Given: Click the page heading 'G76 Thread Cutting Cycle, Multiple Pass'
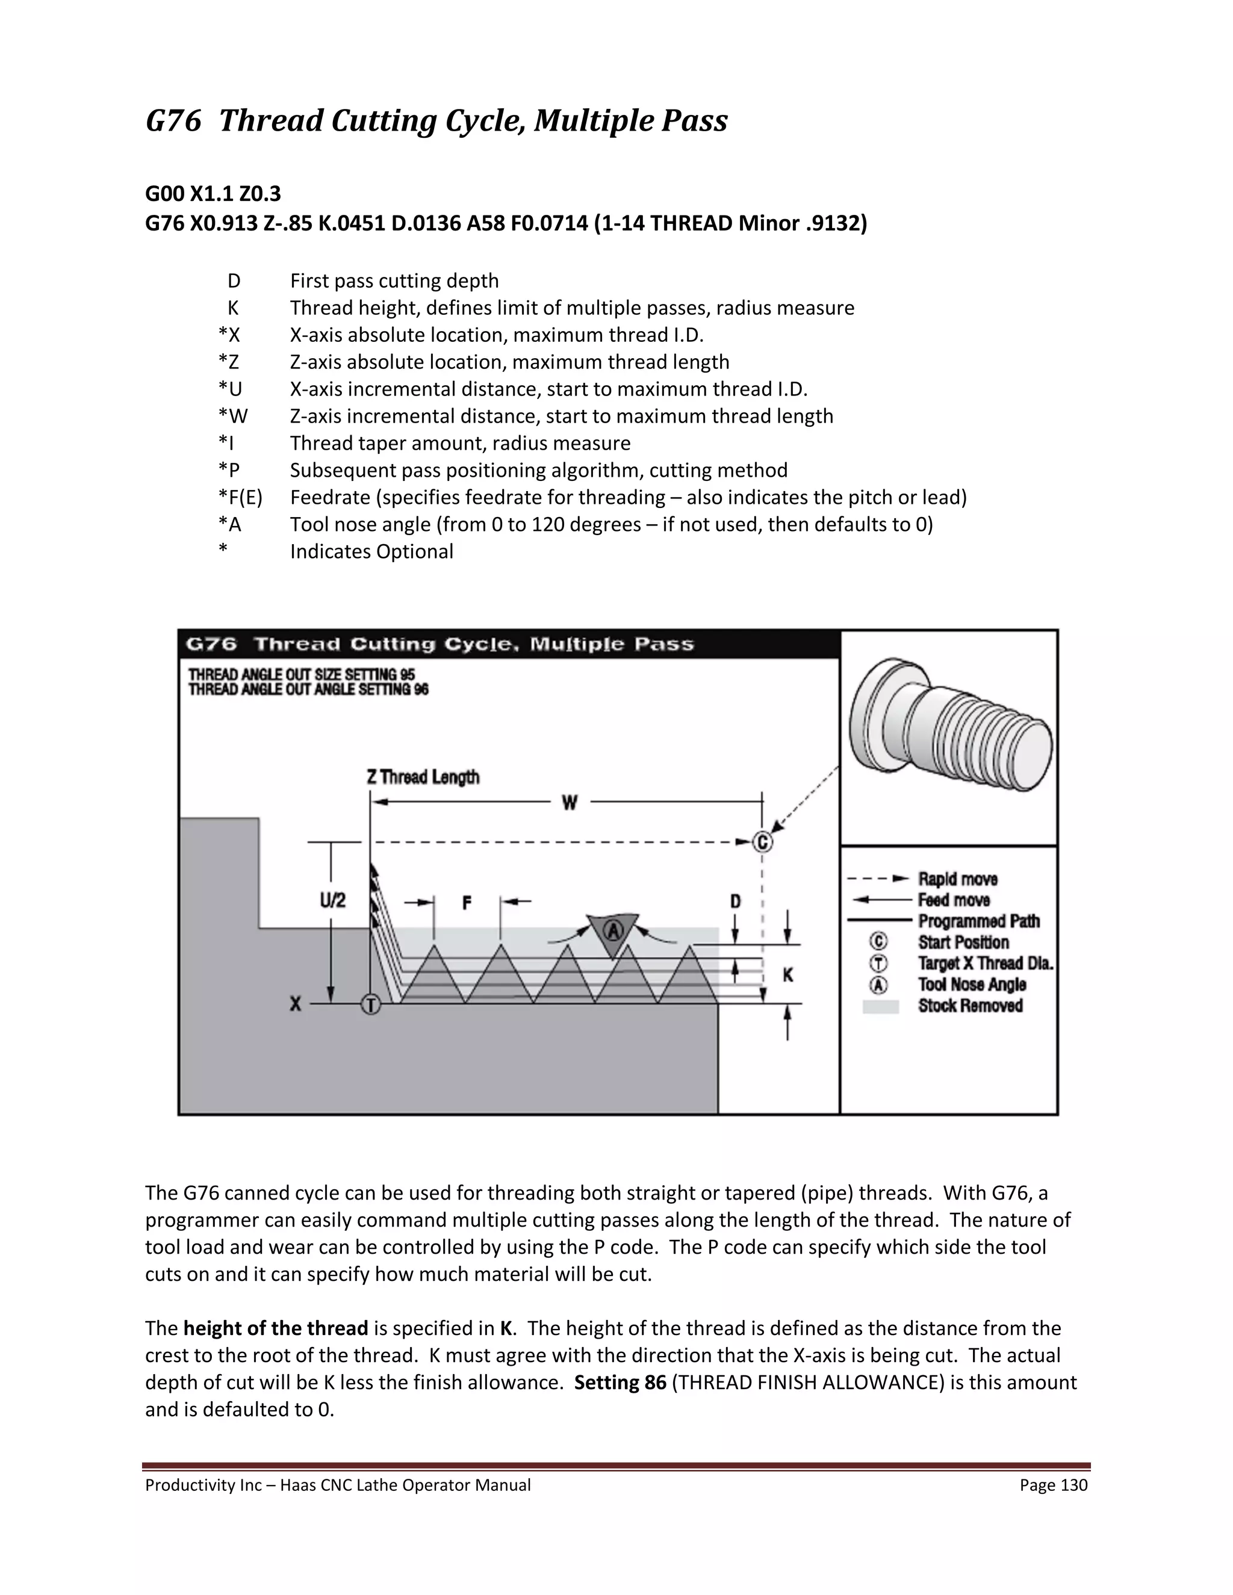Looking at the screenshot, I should [x=436, y=120].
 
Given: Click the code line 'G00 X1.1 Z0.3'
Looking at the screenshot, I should [x=213, y=194].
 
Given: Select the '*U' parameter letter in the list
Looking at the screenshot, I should [x=229, y=389].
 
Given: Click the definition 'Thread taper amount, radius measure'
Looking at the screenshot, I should [x=460, y=444].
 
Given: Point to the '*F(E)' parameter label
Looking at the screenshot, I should [x=240, y=497].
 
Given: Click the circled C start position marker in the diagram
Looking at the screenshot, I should [x=762, y=842].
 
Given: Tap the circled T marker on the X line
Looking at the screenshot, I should [x=371, y=1005].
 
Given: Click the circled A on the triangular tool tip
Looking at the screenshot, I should [x=613, y=931].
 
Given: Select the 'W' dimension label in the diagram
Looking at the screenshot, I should [x=569, y=802].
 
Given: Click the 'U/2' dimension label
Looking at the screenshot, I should [x=332, y=900].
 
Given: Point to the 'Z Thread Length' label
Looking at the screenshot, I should [x=423, y=777].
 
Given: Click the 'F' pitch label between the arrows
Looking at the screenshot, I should [x=467, y=903].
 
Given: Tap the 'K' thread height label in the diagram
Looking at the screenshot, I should [x=787, y=975].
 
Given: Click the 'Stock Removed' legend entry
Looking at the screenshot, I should [x=969, y=1006].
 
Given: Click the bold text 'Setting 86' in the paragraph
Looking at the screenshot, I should [x=620, y=1383].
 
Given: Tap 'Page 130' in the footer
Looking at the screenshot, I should [x=1054, y=1485].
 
